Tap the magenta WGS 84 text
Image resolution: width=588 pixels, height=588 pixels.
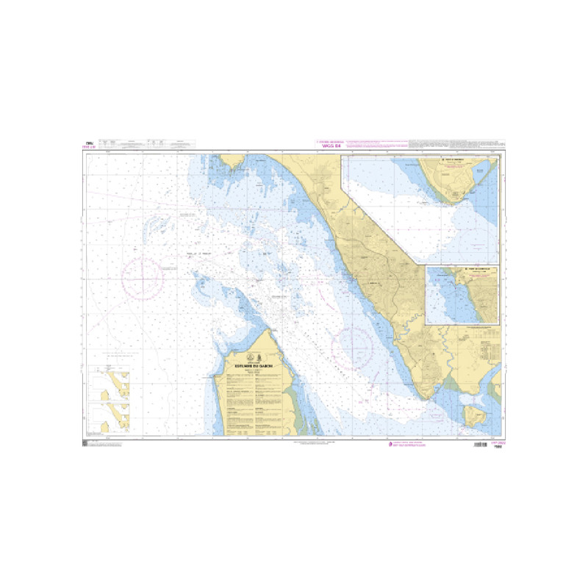(x=331, y=146)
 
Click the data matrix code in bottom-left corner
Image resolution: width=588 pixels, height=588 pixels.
(x=85, y=443)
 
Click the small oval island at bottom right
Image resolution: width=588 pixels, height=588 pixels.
(x=471, y=417)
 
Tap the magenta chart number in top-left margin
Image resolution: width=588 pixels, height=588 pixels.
(x=90, y=146)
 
